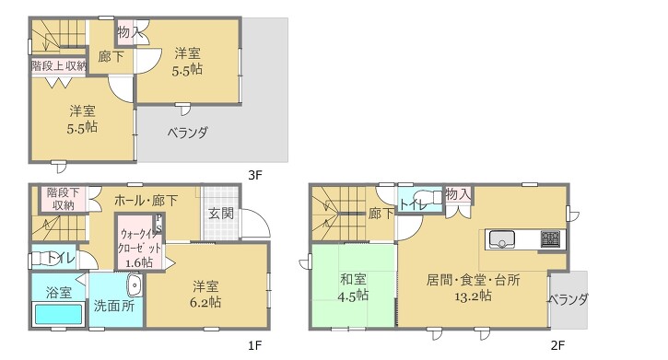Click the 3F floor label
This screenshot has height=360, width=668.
pyautogui.click(x=254, y=175)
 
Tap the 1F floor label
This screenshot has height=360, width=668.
pyautogui.click(x=254, y=345)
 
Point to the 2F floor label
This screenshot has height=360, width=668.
pyautogui.click(x=557, y=345)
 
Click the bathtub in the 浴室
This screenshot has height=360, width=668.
pyautogui.click(x=58, y=314)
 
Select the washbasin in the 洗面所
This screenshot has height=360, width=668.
pyautogui.click(x=135, y=285)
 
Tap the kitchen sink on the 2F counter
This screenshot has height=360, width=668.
pyautogui.click(x=502, y=239)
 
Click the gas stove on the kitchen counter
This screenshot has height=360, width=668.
pyautogui.click(x=551, y=238)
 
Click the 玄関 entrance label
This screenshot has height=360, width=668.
pyautogui.click(x=221, y=214)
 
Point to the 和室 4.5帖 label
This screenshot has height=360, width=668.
pyautogui.click(x=353, y=287)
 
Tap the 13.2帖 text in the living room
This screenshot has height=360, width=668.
pyautogui.click(x=473, y=296)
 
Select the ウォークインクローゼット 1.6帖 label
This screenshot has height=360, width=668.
pyautogui.click(x=139, y=248)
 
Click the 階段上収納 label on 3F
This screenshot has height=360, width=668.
pyautogui.click(x=59, y=66)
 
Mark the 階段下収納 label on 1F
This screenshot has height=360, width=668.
pyautogui.click(x=63, y=199)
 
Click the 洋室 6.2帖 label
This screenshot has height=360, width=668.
pyautogui.click(x=205, y=294)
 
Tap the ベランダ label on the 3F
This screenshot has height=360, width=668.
pyautogui.click(x=187, y=133)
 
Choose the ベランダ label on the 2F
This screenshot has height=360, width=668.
pyautogui.click(x=568, y=299)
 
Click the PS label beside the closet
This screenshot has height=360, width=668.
pyautogui.click(x=158, y=224)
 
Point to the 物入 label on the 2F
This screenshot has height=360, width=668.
pyautogui.click(x=459, y=194)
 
